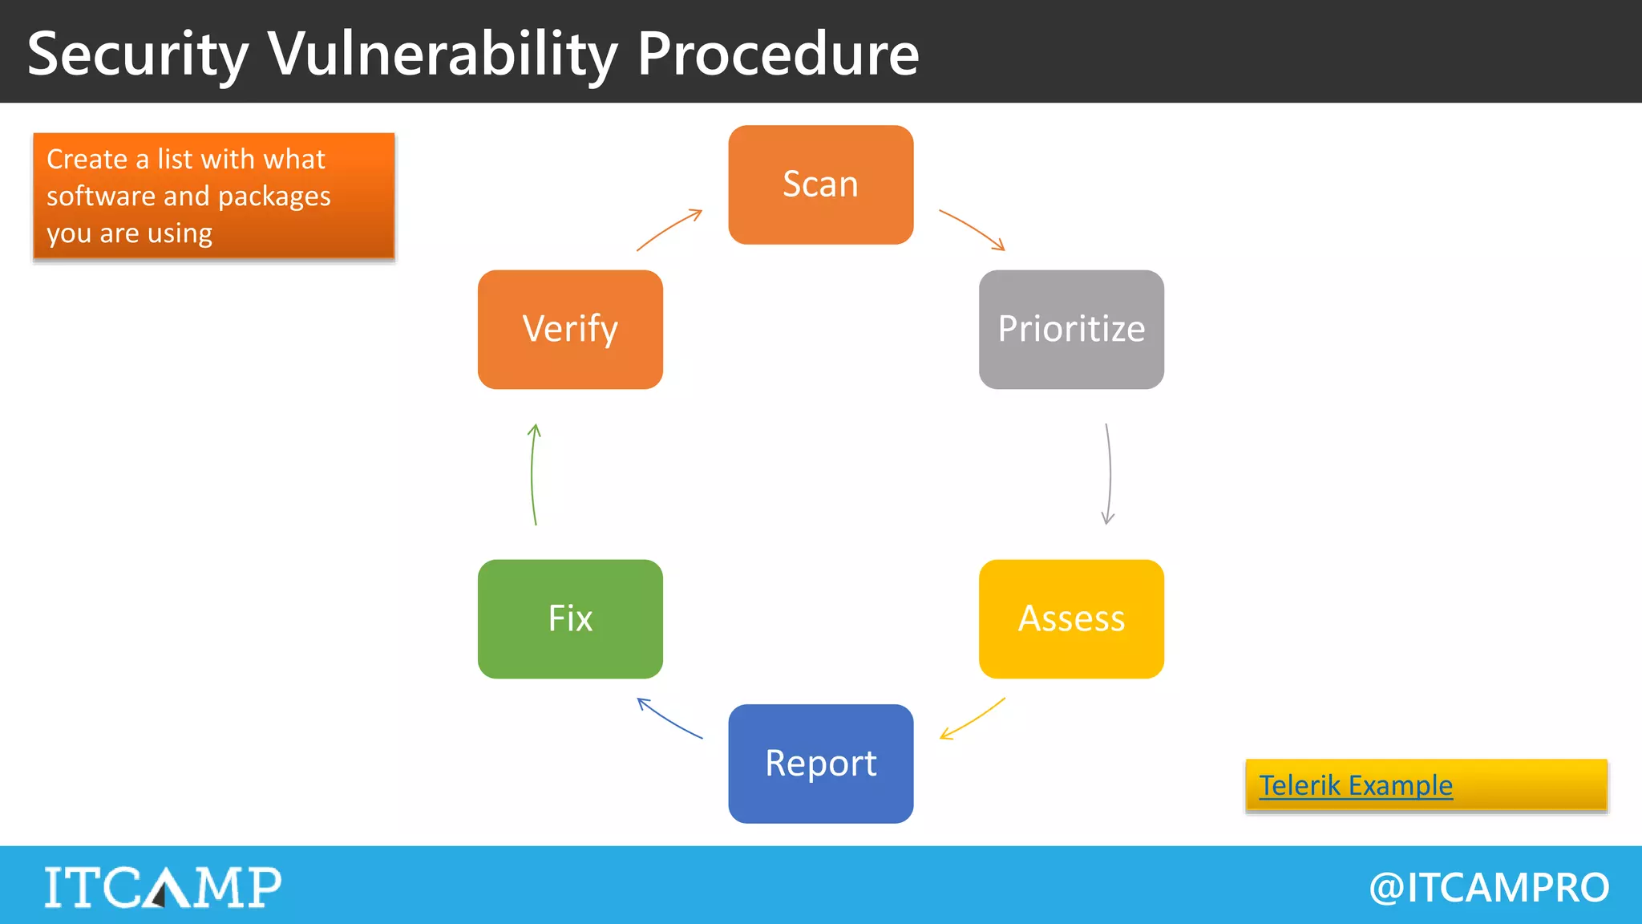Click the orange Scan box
(820, 184)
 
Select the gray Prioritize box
(1070, 329)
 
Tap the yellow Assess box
(1070, 618)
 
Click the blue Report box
(820, 764)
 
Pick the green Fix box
(570, 618)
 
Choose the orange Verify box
(570, 329)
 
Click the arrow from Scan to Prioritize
(972, 229)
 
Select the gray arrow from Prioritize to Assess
(1109, 473)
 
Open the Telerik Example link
(1355, 785)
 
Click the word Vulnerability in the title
(442, 55)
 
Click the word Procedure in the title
(777, 55)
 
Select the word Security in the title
(138, 55)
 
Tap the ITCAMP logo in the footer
(163, 886)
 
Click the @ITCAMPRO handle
(1489, 888)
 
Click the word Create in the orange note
(87, 159)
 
